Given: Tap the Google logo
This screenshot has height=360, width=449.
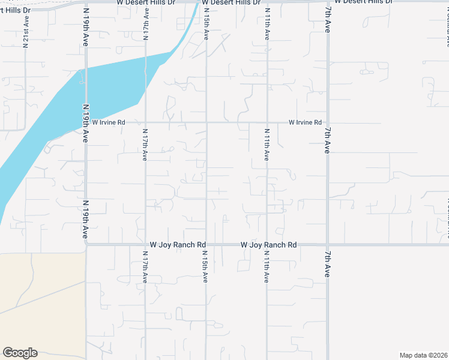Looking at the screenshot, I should [20, 353].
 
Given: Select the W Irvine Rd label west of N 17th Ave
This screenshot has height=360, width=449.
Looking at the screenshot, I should [108, 122].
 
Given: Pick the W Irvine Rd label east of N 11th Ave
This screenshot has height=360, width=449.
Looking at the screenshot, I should [305, 122].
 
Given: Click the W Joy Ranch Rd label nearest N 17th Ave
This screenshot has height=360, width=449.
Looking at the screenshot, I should [178, 245].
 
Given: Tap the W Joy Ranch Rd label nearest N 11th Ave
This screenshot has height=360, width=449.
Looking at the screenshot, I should [268, 245].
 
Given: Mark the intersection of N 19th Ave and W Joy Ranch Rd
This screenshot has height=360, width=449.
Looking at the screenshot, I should [86, 244].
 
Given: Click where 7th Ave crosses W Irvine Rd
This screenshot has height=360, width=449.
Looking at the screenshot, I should [328, 122].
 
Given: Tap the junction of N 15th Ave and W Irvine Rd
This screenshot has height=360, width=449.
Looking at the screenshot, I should [206, 122].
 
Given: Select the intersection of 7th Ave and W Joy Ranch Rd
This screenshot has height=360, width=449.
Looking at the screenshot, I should [328, 244].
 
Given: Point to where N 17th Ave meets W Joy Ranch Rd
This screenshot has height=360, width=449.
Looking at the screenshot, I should [146, 244].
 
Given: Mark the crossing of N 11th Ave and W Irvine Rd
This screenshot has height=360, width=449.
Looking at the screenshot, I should [267, 122].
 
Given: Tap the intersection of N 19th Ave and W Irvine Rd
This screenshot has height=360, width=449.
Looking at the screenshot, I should [86, 122].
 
